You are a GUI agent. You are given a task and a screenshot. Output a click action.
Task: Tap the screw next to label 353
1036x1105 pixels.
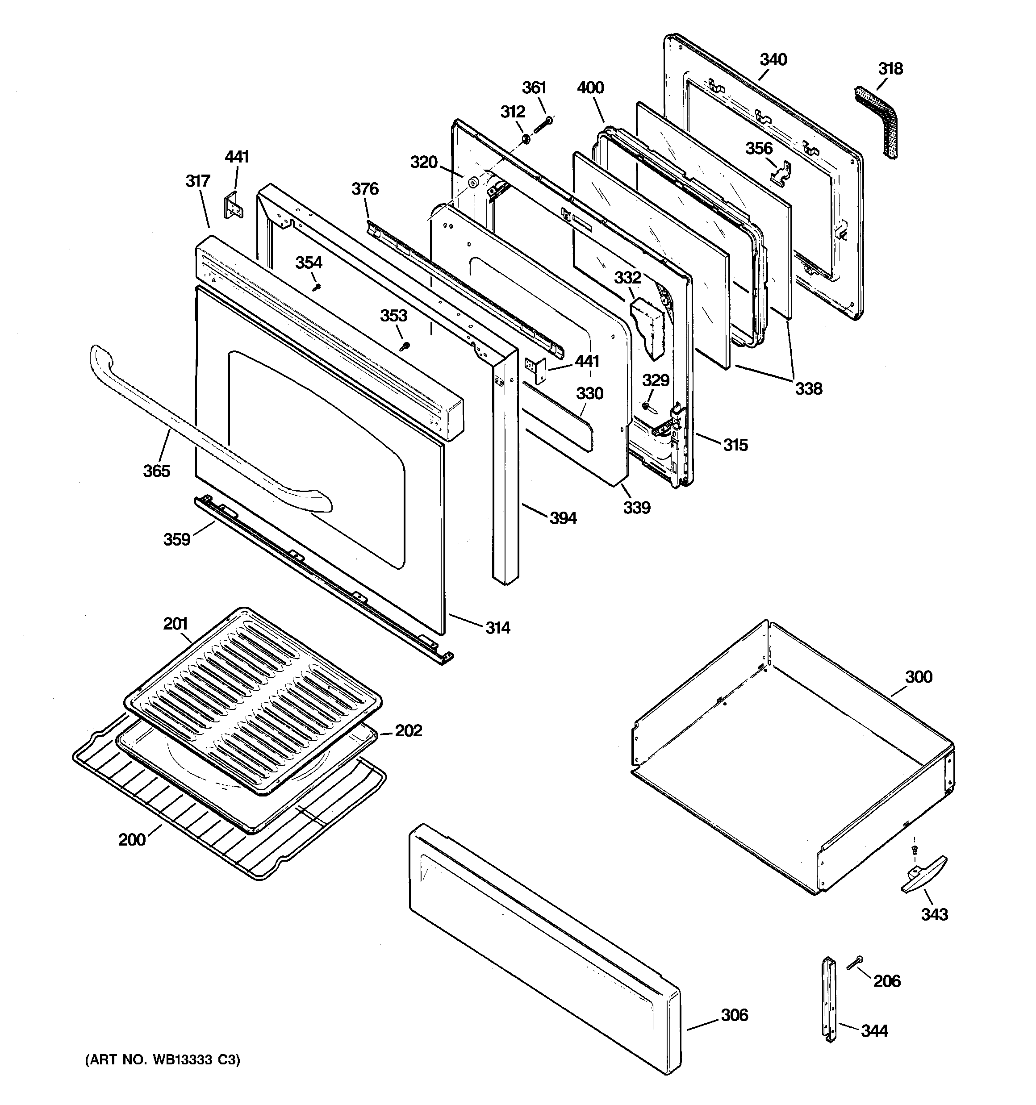coord(405,346)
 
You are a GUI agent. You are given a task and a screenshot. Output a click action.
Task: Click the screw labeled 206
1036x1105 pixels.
coord(854,964)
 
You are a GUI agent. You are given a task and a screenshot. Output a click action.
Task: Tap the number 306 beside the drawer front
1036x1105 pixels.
coord(734,1015)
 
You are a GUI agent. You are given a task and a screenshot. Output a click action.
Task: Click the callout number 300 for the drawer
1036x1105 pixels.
coord(918,676)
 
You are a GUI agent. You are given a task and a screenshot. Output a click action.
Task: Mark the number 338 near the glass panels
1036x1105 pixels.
coord(807,388)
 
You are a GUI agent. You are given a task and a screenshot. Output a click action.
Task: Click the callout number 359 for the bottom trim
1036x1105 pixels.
coord(176,539)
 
